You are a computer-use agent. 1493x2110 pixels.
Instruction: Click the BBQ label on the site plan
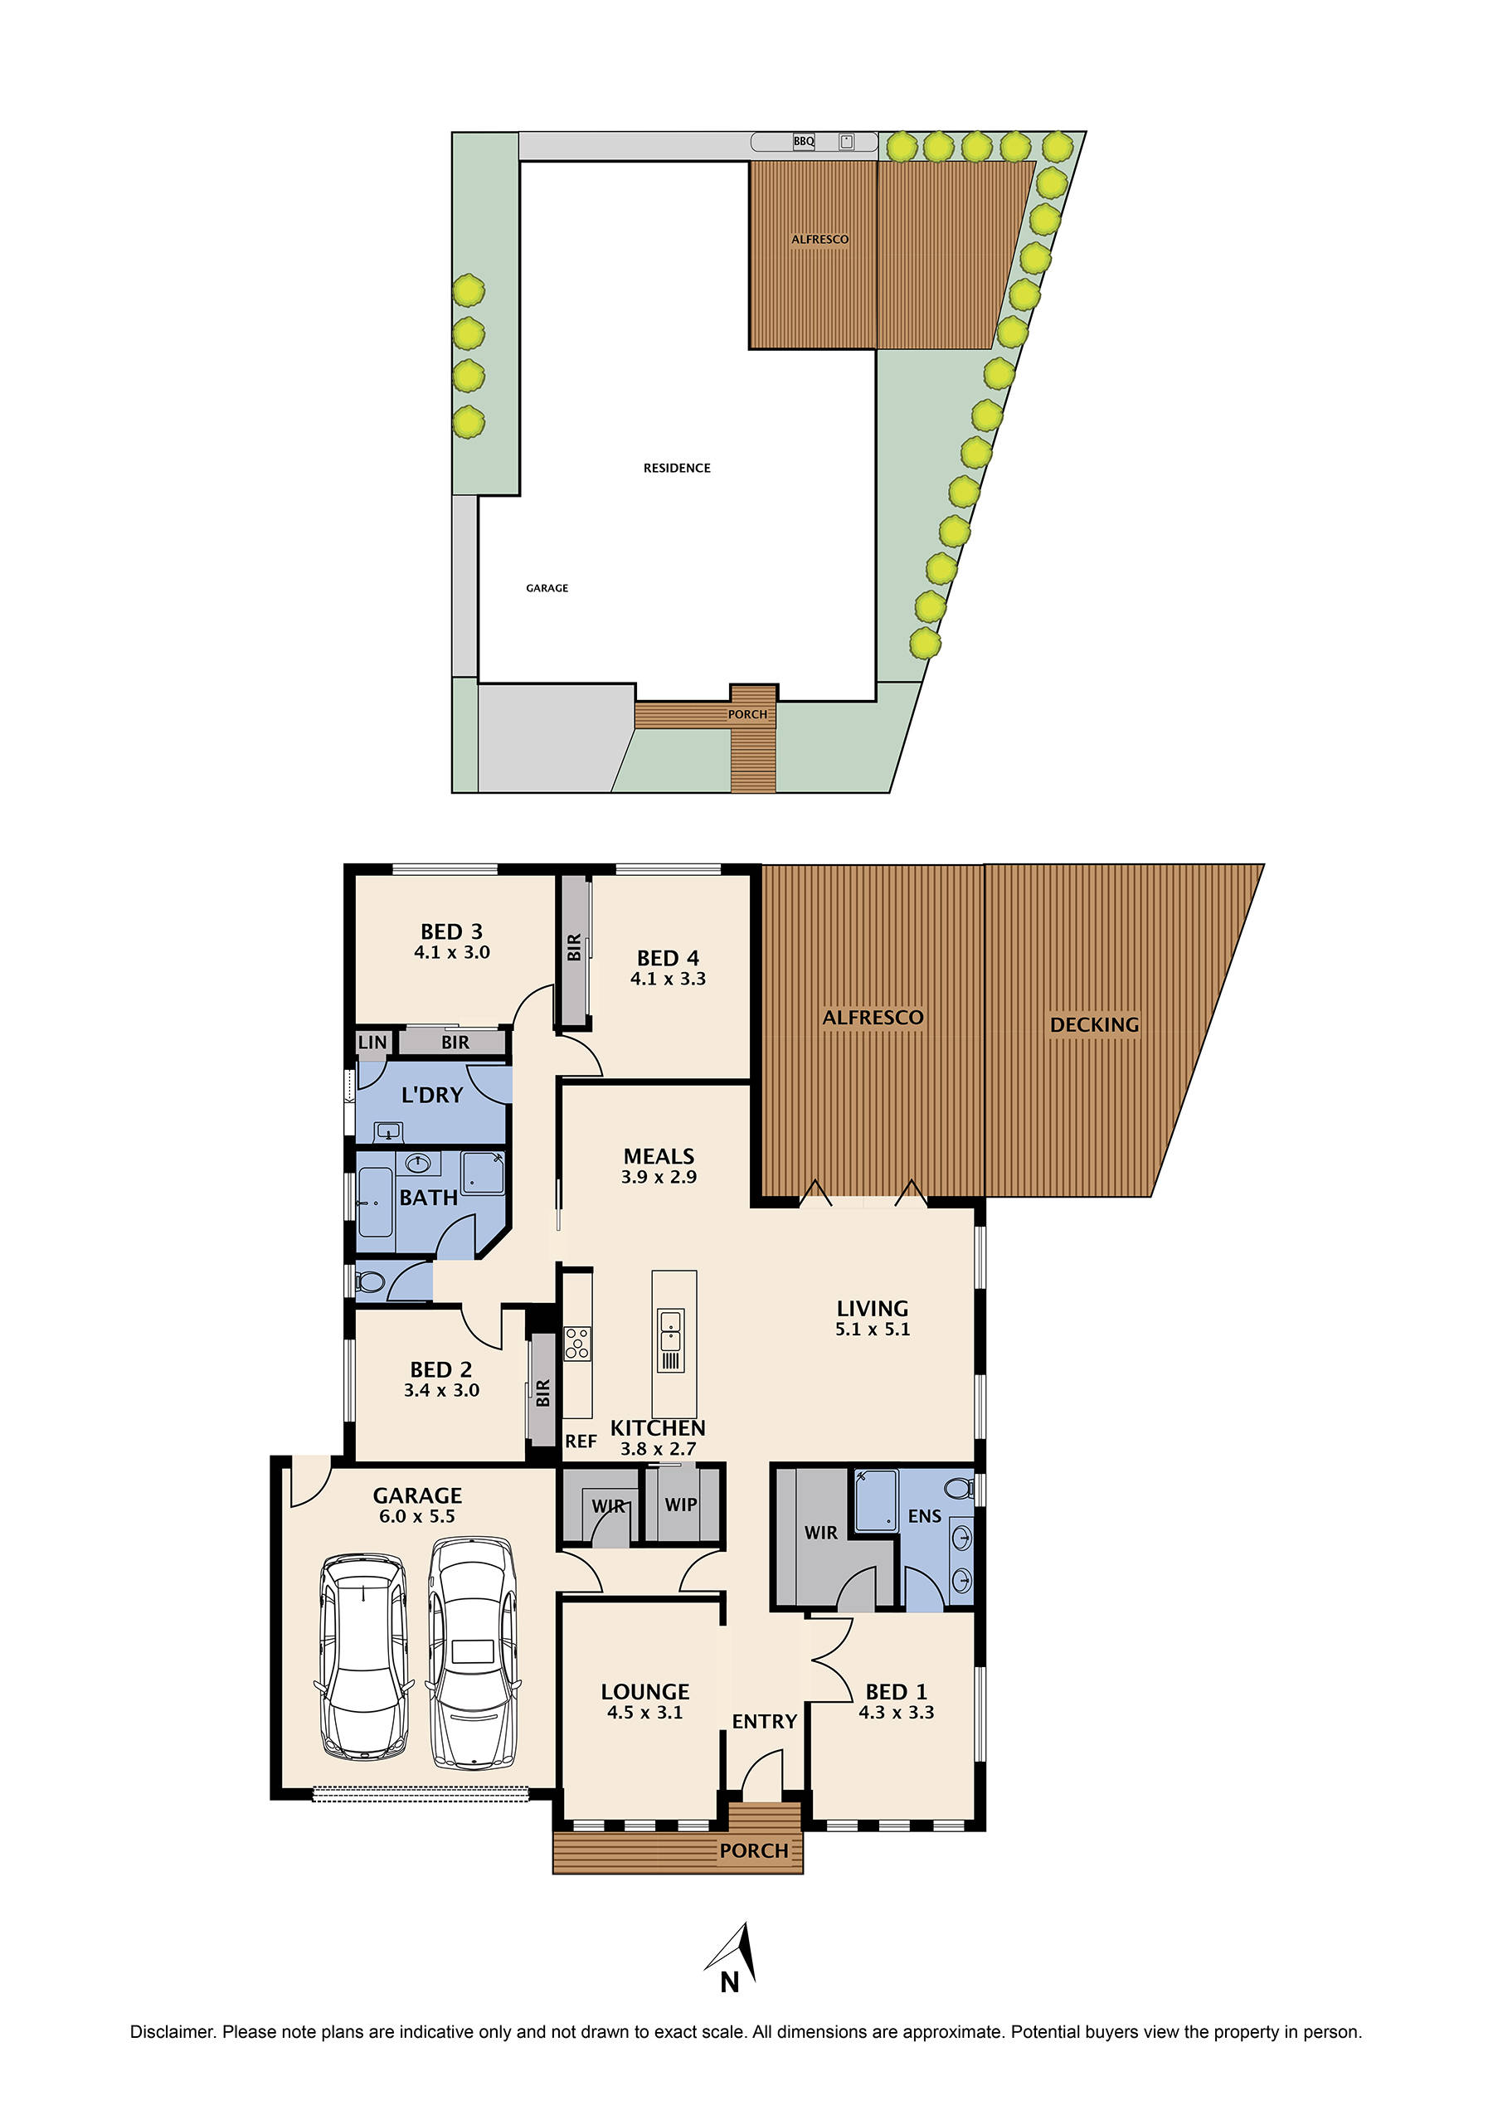804,141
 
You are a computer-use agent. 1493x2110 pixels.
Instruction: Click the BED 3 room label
451,931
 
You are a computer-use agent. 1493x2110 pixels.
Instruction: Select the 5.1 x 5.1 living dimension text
873,1329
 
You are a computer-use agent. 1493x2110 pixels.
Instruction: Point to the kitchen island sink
670,1330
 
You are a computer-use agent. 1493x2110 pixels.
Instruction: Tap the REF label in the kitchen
580,1442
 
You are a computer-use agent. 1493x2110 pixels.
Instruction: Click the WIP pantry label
680,1505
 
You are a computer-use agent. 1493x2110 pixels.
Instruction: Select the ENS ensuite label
924,1516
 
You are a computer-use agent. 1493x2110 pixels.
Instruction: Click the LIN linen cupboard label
372,1043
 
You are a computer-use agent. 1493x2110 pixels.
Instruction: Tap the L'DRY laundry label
432,1095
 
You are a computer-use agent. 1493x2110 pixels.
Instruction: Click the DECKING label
1094,1024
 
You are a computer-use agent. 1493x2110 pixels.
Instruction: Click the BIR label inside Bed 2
542,1393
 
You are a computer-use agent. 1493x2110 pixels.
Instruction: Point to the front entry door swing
762,1772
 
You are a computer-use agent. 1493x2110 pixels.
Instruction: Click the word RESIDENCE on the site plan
677,468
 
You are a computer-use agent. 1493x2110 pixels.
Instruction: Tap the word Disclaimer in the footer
172,2032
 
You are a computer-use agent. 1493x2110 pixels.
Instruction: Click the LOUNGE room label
644,1692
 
